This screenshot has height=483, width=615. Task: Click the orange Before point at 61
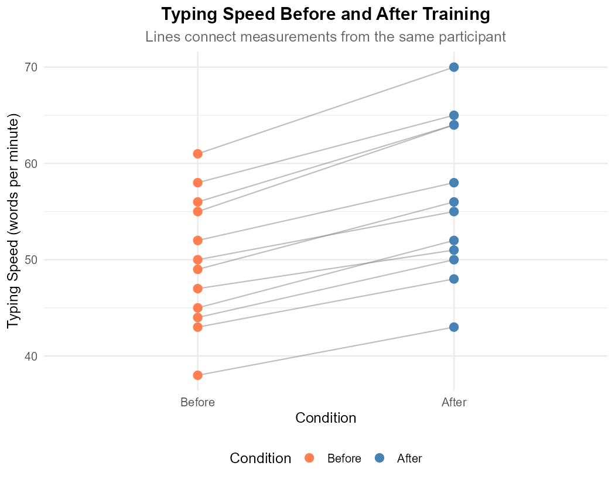(197, 154)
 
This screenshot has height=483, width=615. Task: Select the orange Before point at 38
(197, 375)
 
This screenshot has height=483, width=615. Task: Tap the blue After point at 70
(454, 67)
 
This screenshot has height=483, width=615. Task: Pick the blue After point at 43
(454, 327)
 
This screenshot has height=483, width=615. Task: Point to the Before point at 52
(197, 240)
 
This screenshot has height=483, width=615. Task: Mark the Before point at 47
(197, 288)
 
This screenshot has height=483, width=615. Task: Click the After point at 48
(454, 279)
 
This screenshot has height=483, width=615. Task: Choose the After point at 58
(454, 183)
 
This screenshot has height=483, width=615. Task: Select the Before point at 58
(197, 183)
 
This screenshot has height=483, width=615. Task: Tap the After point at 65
(454, 115)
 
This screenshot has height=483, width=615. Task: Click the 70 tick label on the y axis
(32, 67)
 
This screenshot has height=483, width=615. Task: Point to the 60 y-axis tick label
(32, 163)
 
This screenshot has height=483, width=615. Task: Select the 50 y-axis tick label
(32, 259)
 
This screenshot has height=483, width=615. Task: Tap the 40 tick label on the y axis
(32, 356)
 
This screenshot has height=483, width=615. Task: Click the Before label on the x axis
(197, 402)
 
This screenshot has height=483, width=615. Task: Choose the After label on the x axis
(454, 402)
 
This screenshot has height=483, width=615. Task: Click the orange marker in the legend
(309, 458)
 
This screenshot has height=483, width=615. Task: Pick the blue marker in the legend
(380, 458)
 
